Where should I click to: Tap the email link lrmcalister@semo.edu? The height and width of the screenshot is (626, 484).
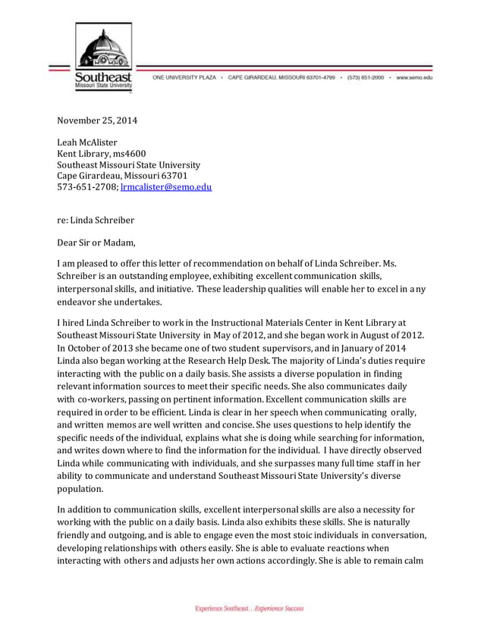[x=166, y=186]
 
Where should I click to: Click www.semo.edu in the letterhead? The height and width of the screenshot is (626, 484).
[x=413, y=77]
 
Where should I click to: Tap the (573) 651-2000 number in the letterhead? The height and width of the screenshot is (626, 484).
[x=366, y=77]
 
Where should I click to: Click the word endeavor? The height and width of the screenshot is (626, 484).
[x=79, y=301]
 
